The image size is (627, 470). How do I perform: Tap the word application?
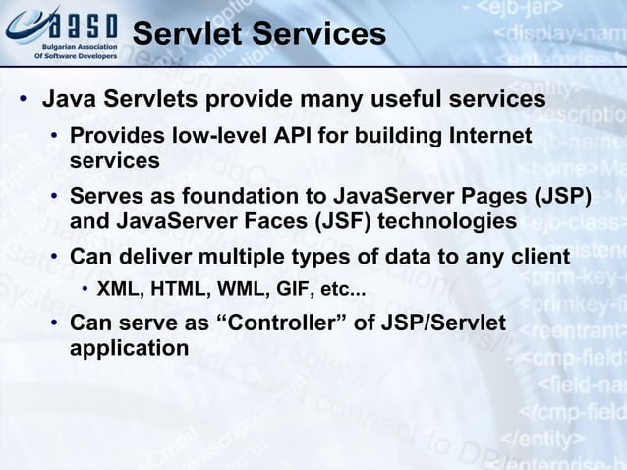coord(129,348)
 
